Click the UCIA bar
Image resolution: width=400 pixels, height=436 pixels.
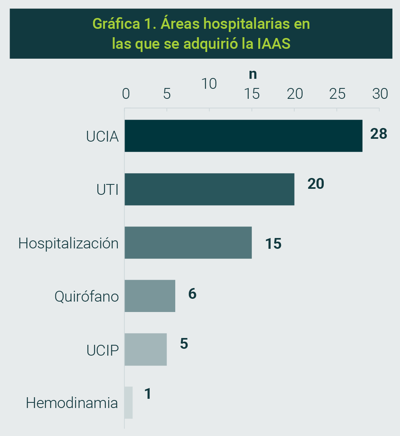(244, 136)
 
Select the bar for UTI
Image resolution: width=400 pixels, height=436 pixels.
(209, 189)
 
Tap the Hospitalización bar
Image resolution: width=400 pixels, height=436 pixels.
(188, 242)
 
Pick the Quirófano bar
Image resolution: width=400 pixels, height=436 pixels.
(150, 296)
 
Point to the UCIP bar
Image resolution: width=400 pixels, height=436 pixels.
(145, 349)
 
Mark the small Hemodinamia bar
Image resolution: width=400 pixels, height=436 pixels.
(128, 402)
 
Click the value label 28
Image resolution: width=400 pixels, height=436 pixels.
(379, 134)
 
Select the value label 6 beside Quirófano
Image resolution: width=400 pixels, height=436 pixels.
(192, 294)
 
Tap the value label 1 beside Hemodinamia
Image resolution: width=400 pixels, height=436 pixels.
(148, 394)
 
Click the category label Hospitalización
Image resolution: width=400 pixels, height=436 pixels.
(68, 243)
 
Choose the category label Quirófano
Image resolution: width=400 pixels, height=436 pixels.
(87, 297)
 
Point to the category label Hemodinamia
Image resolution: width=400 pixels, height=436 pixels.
(72, 403)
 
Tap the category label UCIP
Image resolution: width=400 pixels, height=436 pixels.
(103, 350)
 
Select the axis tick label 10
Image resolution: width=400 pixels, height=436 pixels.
(209, 84)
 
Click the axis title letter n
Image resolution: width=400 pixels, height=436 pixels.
(253, 74)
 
